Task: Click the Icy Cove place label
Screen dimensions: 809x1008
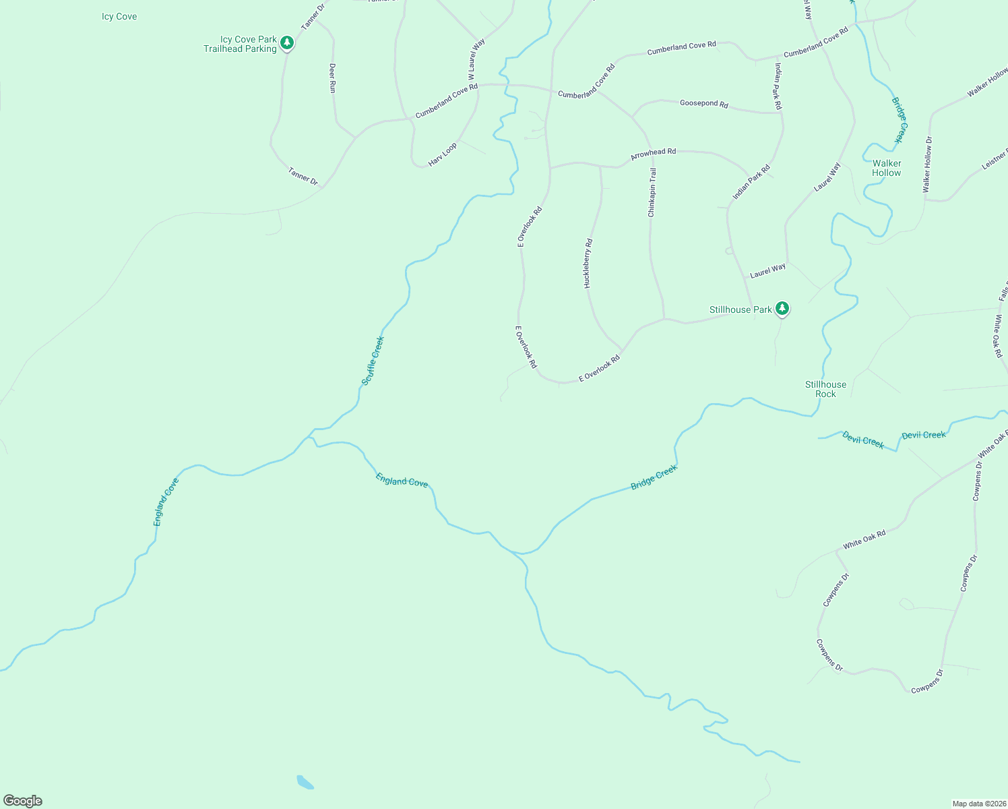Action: pyautogui.click(x=119, y=17)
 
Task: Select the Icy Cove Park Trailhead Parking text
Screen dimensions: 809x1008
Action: pyautogui.click(x=241, y=44)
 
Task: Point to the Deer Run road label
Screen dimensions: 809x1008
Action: pyautogui.click(x=332, y=78)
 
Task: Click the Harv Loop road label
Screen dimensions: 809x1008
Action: pyautogui.click(x=443, y=154)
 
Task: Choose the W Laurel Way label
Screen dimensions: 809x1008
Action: pyautogui.click(x=476, y=59)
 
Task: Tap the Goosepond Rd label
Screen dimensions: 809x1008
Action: pyautogui.click(x=704, y=104)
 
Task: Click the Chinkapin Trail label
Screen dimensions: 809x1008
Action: pyautogui.click(x=652, y=193)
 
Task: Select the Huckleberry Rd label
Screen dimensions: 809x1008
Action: pyautogui.click(x=588, y=264)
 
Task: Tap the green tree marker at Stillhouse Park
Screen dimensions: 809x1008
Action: pyautogui.click(x=782, y=309)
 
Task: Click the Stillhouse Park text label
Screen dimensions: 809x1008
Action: pyautogui.click(x=741, y=310)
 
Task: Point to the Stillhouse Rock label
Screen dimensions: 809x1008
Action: pyautogui.click(x=825, y=389)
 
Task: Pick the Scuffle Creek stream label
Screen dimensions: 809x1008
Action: pyautogui.click(x=373, y=361)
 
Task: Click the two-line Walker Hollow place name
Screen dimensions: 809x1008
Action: pyautogui.click(x=887, y=168)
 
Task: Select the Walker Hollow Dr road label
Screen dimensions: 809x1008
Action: pyautogui.click(x=928, y=165)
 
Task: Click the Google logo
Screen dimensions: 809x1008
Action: pyautogui.click(x=22, y=801)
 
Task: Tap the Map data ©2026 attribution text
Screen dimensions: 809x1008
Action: pyautogui.click(x=978, y=804)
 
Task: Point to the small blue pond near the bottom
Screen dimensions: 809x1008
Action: pyautogui.click(x=305, y=782)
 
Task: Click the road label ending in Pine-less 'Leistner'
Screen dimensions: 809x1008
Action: pyautogui.click(x=995, y=159)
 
